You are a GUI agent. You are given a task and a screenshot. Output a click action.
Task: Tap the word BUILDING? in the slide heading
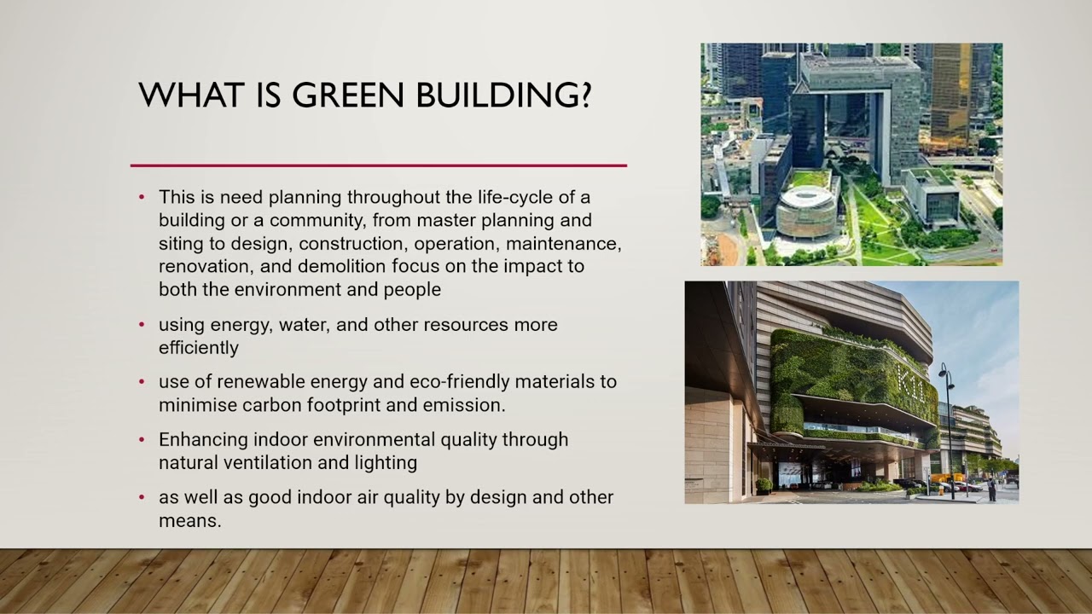[x=503, y=95]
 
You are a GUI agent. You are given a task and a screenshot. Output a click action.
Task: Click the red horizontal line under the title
[x=379, y=165]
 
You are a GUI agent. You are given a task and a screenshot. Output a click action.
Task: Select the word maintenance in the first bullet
[x=567, y=244]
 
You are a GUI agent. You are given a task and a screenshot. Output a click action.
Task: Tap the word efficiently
[x=198, y=348]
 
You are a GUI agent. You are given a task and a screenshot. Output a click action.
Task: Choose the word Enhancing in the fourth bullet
[x=203, y=440]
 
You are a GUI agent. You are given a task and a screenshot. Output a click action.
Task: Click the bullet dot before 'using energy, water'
[x=142, y=326]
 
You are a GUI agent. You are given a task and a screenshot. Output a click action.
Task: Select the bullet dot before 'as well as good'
[x=142, y=497]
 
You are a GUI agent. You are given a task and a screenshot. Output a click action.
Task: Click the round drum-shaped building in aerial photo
[x=805, y=208]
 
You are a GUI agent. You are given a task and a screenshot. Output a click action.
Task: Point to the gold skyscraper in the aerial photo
[x=950, y=94]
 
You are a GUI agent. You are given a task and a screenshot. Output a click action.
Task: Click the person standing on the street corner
[x=991, y=489]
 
